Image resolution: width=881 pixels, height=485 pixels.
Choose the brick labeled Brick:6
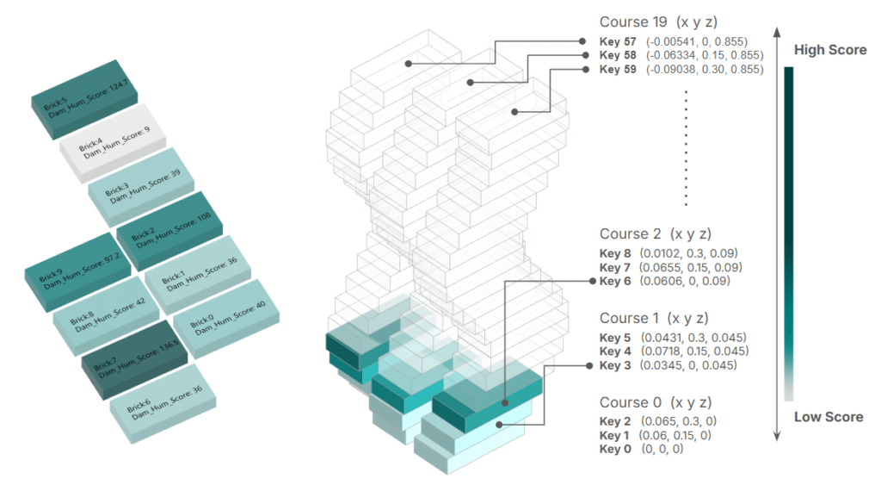tap(163, 401)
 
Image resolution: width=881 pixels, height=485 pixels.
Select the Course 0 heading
tap(656, 402)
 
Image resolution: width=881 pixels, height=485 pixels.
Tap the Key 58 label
tap(619, 55)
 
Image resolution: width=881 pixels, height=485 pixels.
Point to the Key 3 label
tap(615, 366)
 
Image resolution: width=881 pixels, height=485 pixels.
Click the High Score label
tap(829, 50)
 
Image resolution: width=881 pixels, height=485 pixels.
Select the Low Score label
tap(828, 417)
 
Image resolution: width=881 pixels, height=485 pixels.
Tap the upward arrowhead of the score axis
tap(777, 32)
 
